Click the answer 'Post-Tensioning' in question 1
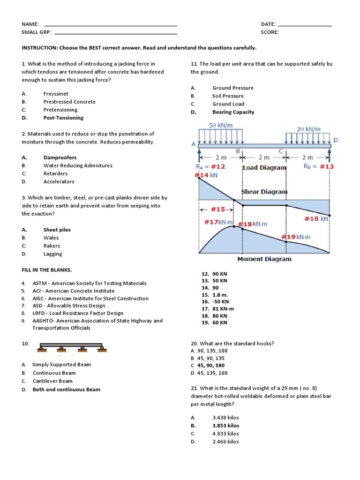(63, 118)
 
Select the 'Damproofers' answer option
(60, 157)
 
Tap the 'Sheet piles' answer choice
(57, 230)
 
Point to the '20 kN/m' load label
(308, 129)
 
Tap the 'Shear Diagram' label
(264, 191)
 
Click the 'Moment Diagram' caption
(264, 259)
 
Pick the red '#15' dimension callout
(217, 210)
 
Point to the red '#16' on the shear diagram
(312, 218)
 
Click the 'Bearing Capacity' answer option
(233, 112)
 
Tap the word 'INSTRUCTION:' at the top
(39, 48)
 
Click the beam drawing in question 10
(71, 347)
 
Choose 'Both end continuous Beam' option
(66, 390)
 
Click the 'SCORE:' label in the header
(270, 32)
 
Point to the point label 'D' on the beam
(335, 140)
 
